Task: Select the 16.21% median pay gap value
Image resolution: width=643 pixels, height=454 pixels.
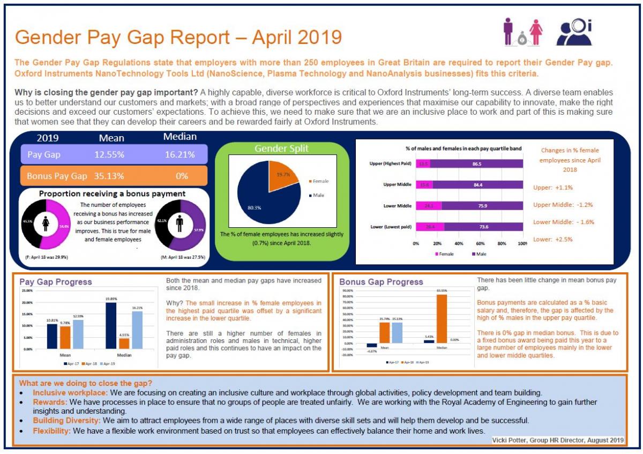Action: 180,154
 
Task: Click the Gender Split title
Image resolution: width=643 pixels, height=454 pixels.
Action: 281,148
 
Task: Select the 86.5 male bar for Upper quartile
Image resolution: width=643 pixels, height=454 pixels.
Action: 476,163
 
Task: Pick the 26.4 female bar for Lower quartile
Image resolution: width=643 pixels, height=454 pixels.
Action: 430,227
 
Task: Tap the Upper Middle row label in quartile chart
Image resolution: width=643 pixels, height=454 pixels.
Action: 398,184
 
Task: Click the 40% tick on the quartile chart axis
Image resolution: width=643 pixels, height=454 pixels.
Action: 458,243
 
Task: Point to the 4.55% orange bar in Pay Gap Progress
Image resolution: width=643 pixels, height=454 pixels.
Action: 123,344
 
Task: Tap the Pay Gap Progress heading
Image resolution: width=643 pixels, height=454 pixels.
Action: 56,282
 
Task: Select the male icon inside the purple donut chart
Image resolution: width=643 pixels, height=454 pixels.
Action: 180,224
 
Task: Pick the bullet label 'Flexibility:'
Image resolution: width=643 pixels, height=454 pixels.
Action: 51,430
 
